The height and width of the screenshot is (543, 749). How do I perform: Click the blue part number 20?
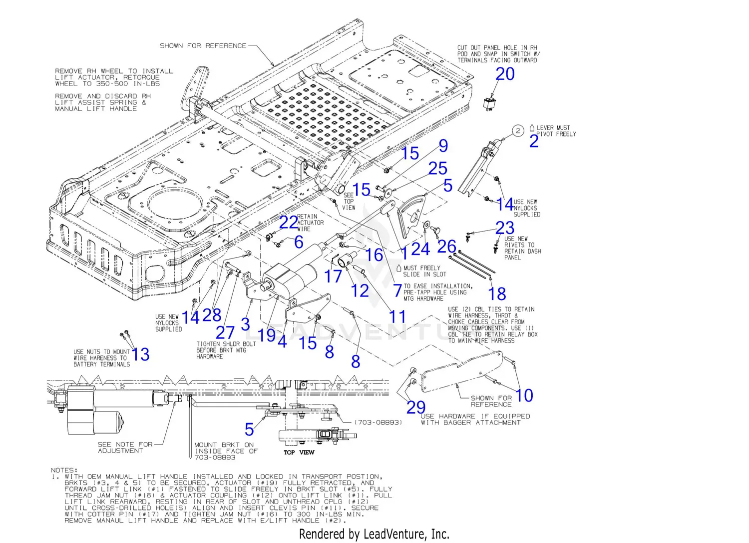pos(505,74)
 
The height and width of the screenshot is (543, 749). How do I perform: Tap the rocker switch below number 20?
pos(488,103)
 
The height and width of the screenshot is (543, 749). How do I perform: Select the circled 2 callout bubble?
pos(518,131)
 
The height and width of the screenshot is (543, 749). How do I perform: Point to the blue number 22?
pos(288,222)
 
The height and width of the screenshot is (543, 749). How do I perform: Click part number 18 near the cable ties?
pos(497,293)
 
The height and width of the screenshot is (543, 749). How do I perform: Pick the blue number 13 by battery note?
pos(140,354)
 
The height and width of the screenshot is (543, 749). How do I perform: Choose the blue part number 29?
pos(415,407)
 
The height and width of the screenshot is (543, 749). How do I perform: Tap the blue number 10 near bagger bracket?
pos(524,395)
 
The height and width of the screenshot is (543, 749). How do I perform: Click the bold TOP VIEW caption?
pos(299,452)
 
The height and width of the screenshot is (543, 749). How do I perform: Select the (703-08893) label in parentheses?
pos(378,422)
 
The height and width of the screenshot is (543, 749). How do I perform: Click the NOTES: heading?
pos(64,470)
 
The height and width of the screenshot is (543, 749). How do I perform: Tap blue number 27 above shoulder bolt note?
pos(225,332)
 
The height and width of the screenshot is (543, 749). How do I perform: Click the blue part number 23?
pos(505,228)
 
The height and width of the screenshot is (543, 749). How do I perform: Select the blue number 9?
pos(443,146)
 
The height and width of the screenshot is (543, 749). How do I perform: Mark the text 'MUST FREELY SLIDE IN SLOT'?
pos(424,271)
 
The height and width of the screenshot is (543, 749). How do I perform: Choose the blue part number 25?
pos(437,168)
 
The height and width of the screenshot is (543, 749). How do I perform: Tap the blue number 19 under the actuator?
pos(267,335)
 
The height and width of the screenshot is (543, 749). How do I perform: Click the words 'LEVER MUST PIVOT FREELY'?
pos(556,131)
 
